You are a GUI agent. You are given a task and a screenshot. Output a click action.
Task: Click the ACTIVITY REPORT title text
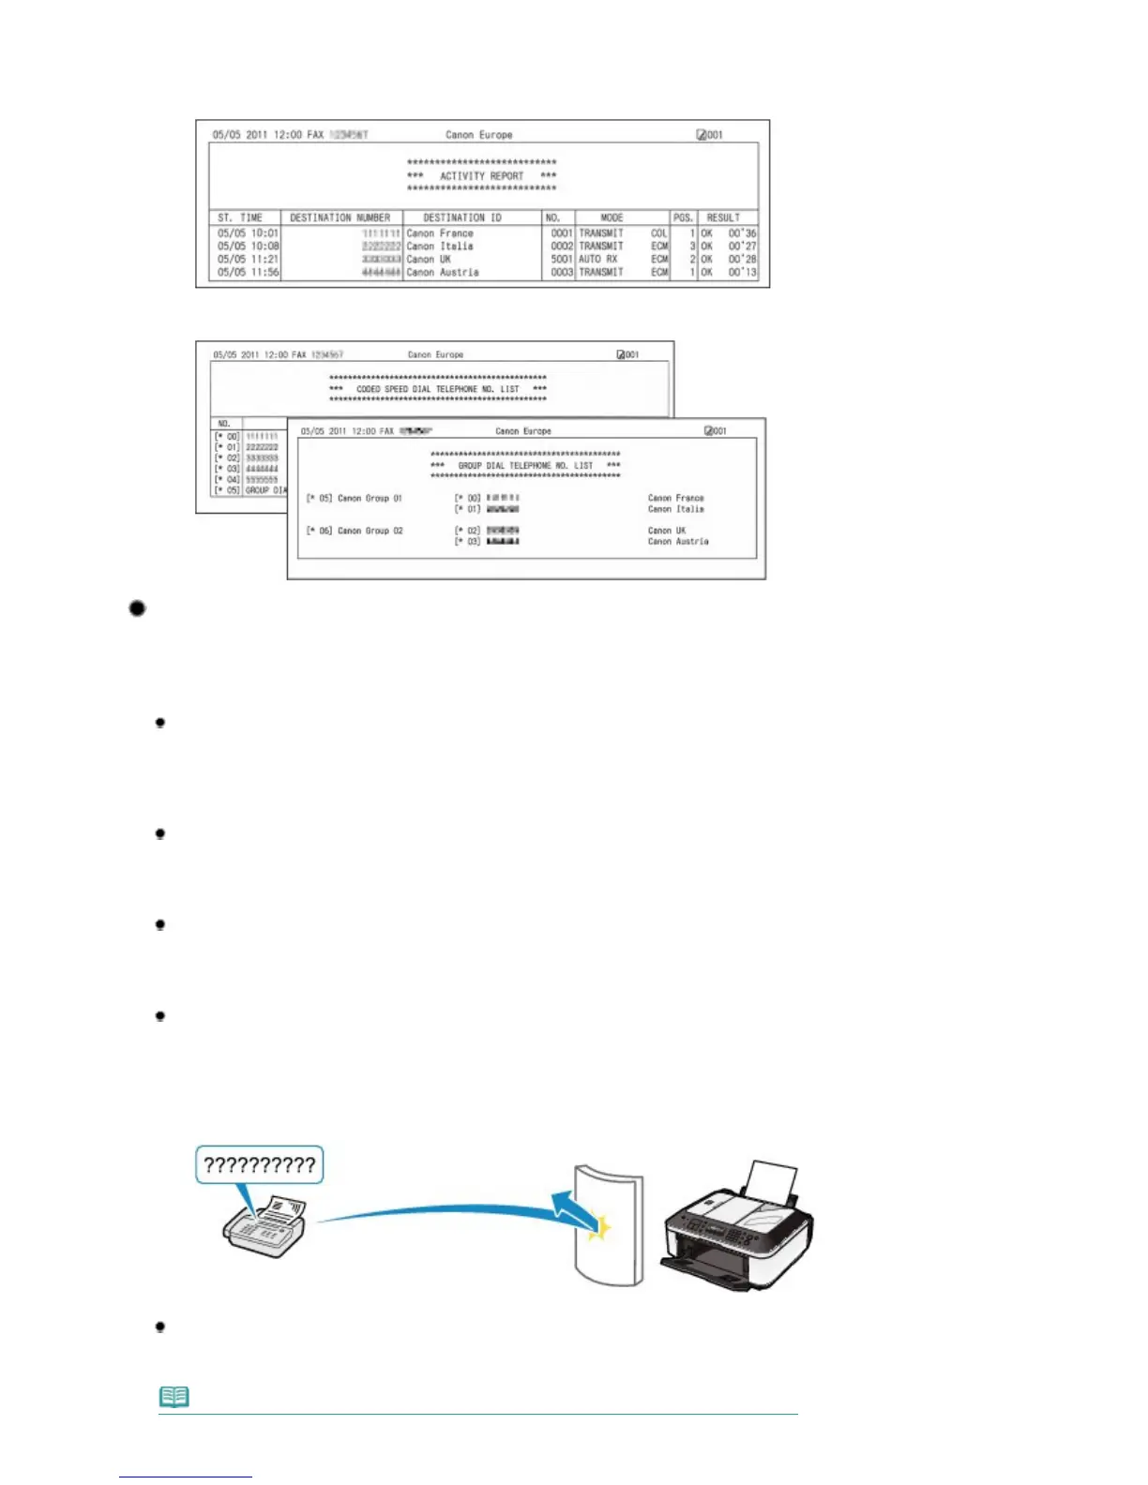tap(481, 175)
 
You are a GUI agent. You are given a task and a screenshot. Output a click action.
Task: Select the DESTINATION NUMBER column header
tap(340, 217)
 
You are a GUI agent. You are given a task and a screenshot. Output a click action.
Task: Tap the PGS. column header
tap(683, 217)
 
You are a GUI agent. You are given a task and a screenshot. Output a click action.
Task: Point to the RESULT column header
tap(723, 217)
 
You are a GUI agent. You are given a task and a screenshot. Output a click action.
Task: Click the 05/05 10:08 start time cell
tap(248, 247)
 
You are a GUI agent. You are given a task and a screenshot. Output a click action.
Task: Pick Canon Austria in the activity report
tap(443, 273)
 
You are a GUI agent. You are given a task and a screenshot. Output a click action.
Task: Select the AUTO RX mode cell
tap(598, 260)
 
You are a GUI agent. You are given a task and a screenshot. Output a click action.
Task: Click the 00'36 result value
tap(742, 233)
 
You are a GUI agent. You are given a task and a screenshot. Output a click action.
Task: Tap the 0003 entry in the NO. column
tap(561, 273)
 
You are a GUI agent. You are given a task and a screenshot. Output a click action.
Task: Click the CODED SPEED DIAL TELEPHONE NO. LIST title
tap(437, 389)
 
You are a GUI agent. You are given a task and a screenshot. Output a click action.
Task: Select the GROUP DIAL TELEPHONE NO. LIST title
tap(525, 466)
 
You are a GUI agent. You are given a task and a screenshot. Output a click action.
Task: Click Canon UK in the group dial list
tap(666, 531)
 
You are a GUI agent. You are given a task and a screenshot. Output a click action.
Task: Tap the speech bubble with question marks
tap(260, 1165)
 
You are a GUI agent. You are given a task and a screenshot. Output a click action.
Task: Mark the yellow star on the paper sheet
tap(598, 1228)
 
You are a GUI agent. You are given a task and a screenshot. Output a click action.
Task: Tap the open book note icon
tap(174, 1397)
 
